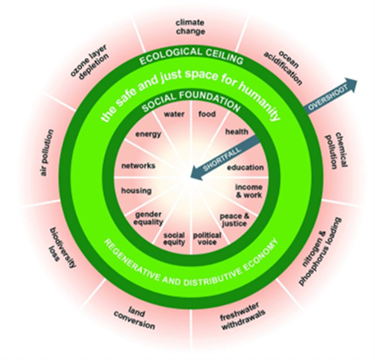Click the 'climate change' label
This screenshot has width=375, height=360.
tap(191, 27)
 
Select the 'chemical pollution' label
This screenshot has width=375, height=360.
tap(336, 150)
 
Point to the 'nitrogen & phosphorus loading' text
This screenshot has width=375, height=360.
tap(320, 252)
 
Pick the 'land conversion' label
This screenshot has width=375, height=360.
tap(135, 318)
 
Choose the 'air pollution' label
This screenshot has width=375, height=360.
tap(48, 153)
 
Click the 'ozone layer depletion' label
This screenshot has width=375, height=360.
tap(90, 63)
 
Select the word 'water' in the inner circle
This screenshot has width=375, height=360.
tap(174, 114)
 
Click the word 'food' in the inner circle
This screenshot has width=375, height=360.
tap(207, 114)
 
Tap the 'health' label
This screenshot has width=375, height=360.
tap(237, 132)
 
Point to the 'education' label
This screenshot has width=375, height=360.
tap(245, 168)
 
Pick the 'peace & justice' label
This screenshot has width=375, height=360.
tap(234, 220)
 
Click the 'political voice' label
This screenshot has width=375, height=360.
tap(207, 238)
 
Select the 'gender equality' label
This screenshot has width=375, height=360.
tap(149, 218)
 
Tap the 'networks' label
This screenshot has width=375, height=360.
tap(138, 166)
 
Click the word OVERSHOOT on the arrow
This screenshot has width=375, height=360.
tap(328, 97)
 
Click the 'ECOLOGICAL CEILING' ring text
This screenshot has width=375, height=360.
tap(191, 56)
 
